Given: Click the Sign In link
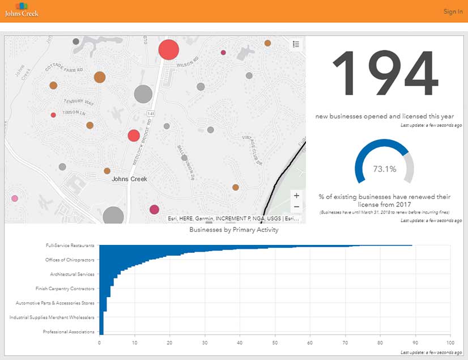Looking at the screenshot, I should coord(453,11).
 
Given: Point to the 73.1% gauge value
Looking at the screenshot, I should coord(385,169).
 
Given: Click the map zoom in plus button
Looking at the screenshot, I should coord(296,196).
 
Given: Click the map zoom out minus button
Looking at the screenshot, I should coord(296,207).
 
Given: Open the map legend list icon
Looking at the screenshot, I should coord(296,44).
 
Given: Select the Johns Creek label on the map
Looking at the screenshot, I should coord(129,179).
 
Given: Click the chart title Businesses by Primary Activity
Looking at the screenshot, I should coord(234,230).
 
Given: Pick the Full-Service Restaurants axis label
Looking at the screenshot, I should coord(70,246).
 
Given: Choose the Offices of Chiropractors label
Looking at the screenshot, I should coord(70,260).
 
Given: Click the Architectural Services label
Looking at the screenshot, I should coord(73,274).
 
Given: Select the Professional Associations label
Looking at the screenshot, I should coord(69,332).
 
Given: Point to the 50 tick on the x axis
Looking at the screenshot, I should coord(275,342).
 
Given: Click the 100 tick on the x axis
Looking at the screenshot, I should coord(450,342).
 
